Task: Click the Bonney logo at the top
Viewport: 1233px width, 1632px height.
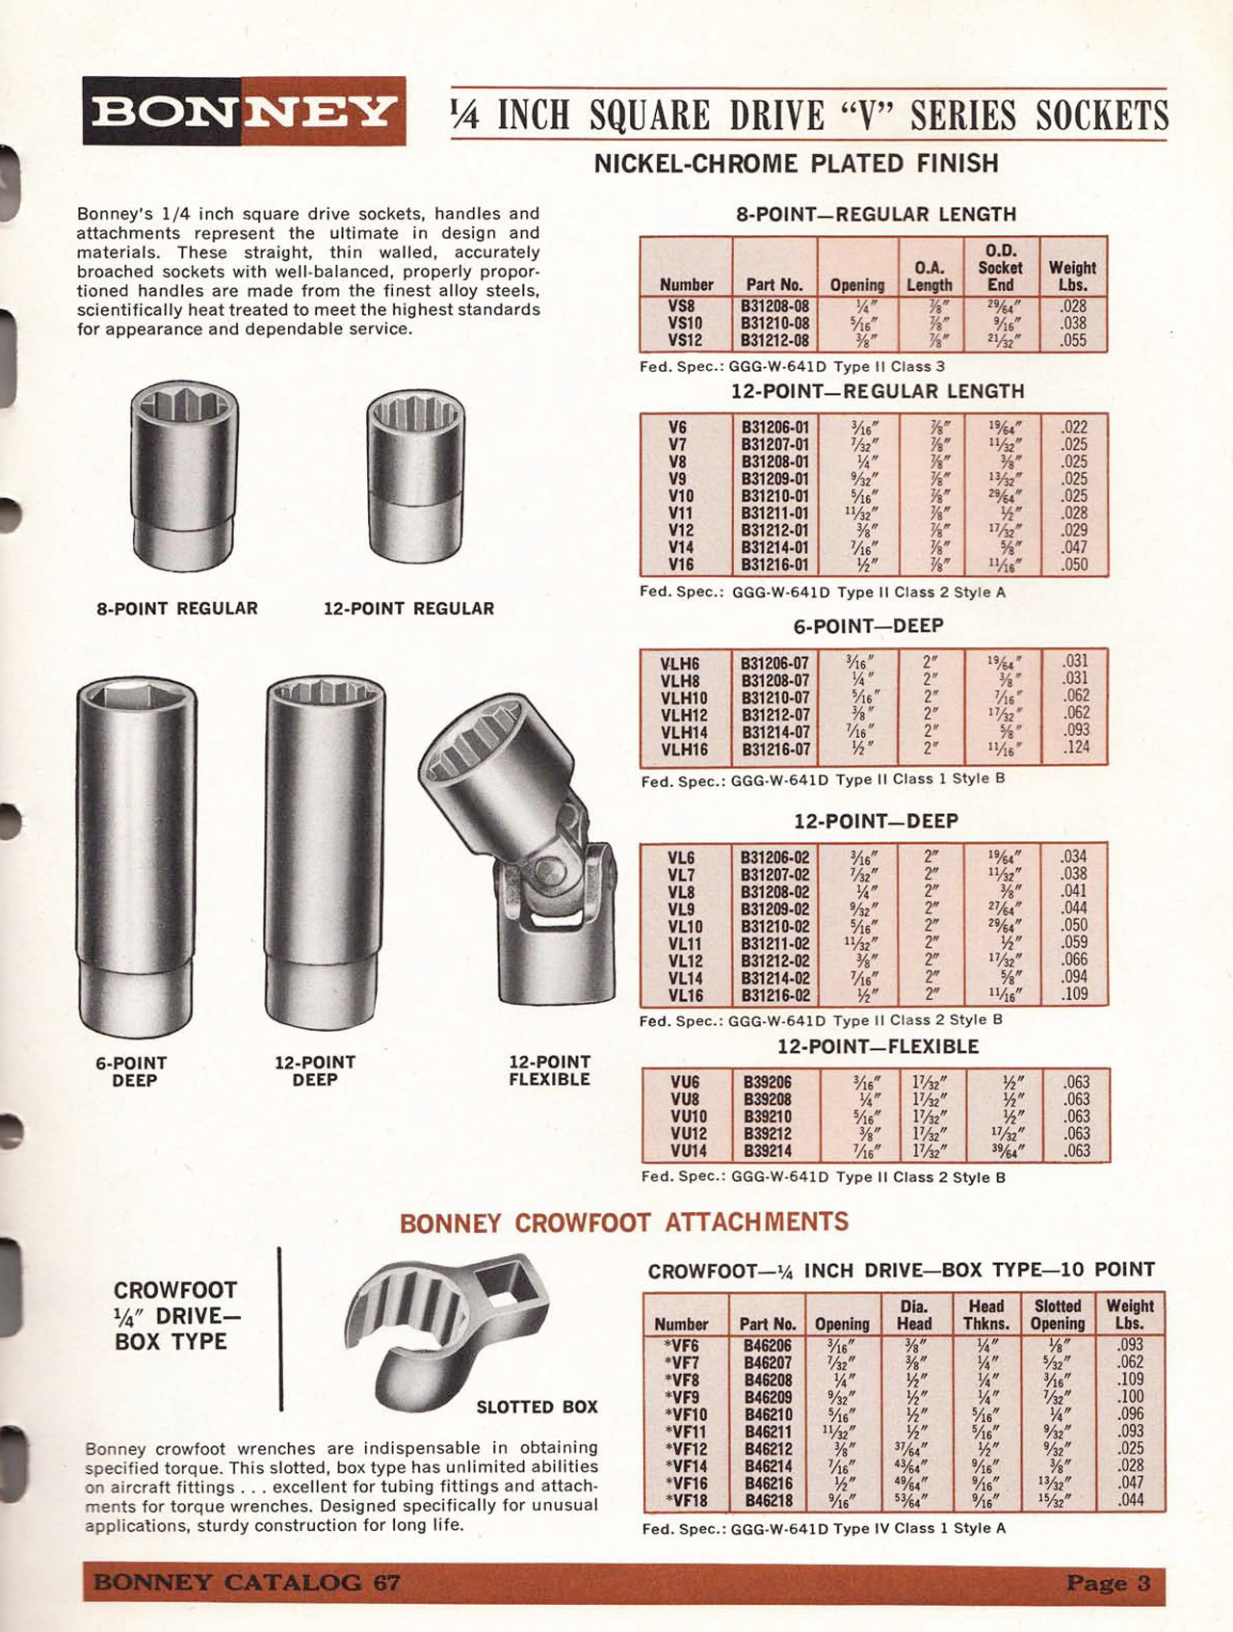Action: click(x=244, y=111)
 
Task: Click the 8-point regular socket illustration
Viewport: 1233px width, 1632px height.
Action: click(x=183, y=475)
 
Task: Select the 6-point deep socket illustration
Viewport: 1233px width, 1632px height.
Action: click(x=136, y=855)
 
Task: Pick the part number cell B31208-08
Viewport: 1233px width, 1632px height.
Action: click(x=774, y=306)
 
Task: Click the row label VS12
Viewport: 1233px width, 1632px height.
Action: click(x=685, y=341)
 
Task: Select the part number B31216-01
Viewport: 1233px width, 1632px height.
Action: click(x=775, y=565)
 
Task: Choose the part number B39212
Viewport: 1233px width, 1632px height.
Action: click(x=767, y=1134)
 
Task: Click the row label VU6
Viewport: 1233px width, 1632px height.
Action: click(x=685, y=1082)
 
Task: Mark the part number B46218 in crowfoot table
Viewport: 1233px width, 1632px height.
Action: click(x=768, y=1501)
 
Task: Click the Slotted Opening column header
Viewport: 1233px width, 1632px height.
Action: click(x=1058, y=1315)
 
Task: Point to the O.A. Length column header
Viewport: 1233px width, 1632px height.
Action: click(x=929, y=276)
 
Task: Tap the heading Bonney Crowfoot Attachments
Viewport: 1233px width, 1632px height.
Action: click(x=624, y=1223)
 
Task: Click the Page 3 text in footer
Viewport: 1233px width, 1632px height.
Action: click(x=1108, y=1583)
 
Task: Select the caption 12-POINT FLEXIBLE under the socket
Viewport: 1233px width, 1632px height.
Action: click(x=549, y=1071)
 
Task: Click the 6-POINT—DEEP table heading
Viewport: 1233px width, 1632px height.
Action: click(x=868, y=626)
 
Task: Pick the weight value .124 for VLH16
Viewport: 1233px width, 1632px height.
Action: click(x=1076, y=748)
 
